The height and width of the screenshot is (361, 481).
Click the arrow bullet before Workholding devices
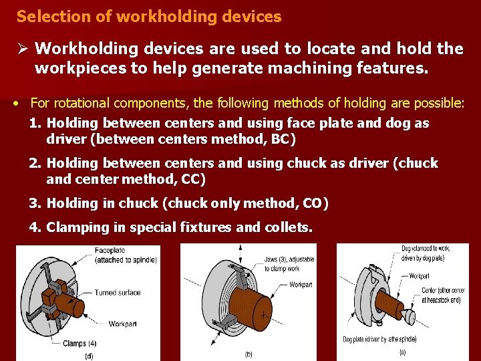[22, 49]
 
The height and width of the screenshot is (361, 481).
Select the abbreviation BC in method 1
[281, 140]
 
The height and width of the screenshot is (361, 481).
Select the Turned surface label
[117, 292]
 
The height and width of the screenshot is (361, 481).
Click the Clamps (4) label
[79, 344]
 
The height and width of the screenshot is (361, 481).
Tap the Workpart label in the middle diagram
[300, 285]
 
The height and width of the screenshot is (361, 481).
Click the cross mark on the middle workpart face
[266, 314]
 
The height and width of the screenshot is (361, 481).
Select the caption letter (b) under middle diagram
[249, 354]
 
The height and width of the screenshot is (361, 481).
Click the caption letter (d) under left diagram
[90, 356]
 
